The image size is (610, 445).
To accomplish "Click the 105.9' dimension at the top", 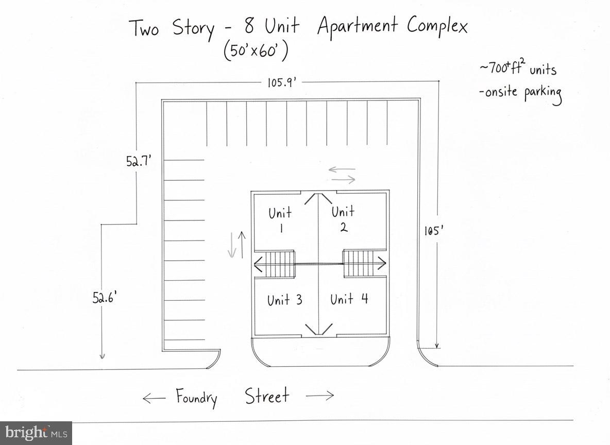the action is (x=281, y=82).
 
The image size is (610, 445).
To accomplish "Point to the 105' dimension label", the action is (x=431, y=231).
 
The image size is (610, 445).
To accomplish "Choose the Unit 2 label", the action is (x=343, y=218).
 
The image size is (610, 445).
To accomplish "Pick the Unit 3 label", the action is (x=284, y=300).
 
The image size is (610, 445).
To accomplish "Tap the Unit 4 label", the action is (x=349, y=299).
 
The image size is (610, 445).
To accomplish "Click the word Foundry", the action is (x=197, y=398).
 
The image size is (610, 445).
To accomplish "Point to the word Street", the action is (x=267, y=396).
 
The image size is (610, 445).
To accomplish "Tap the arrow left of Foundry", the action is (x=154, y=398).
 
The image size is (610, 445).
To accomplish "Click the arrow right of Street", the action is (x=319, y=396).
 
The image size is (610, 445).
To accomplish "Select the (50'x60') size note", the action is (x=256, y=52).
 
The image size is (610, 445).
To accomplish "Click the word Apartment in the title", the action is (x=357, y=26).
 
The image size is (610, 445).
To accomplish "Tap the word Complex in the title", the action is (x=437, y=26).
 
